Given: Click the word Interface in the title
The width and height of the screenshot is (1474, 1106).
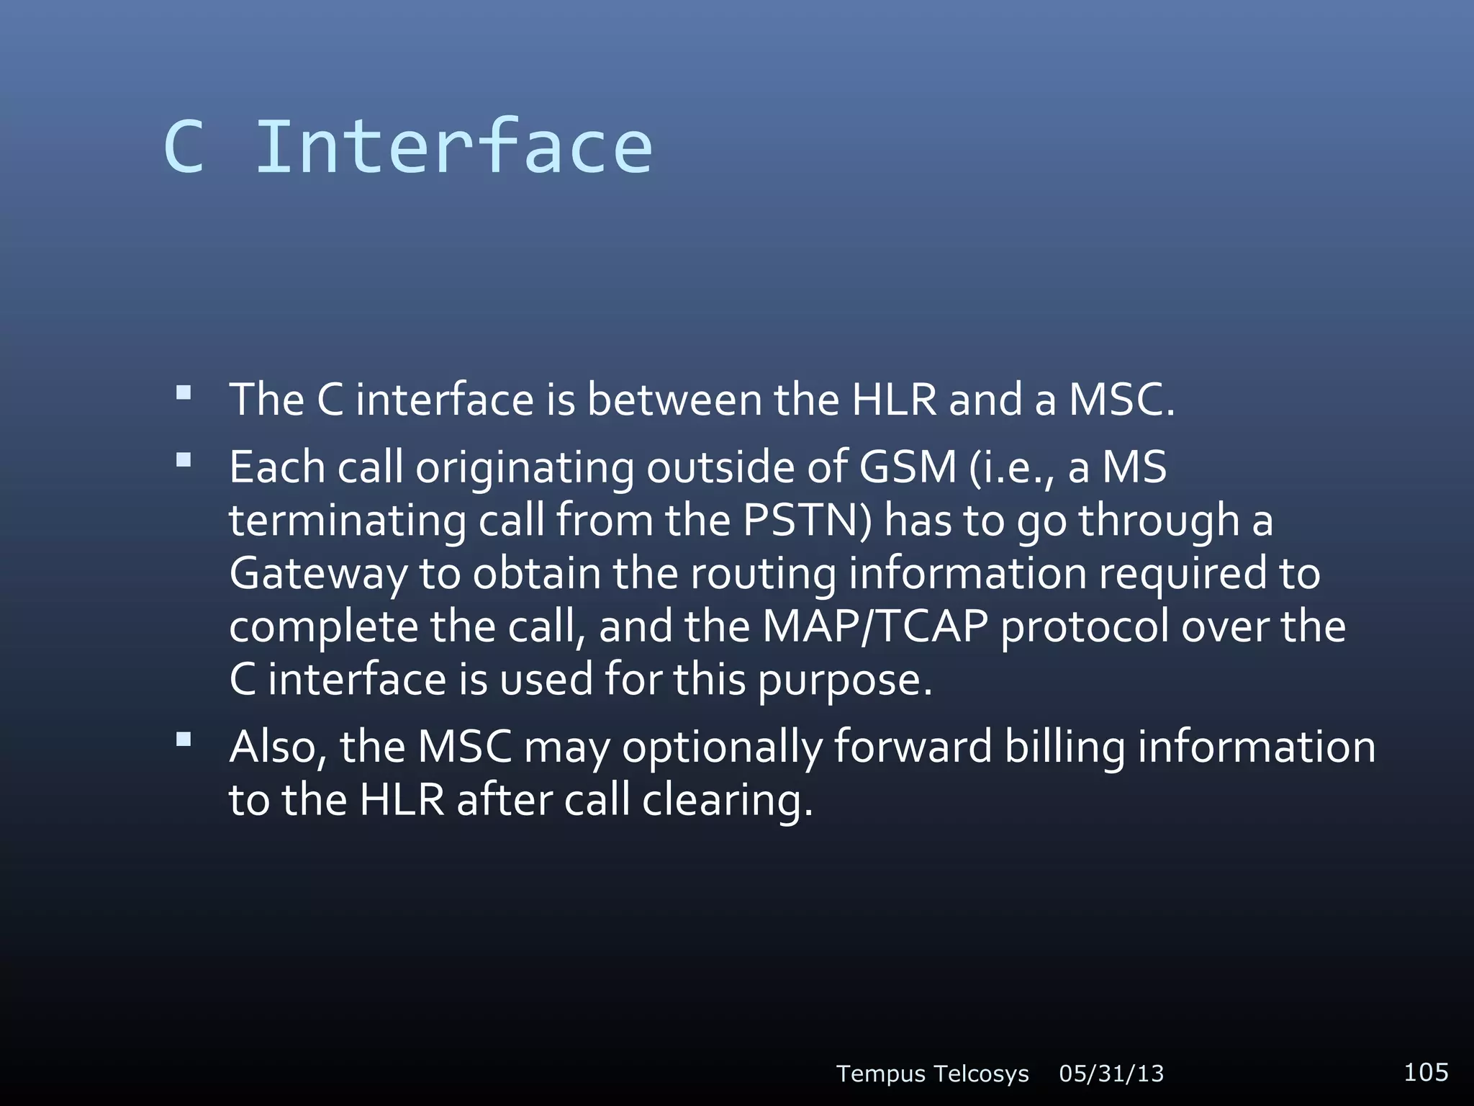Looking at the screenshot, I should tap(454, 147).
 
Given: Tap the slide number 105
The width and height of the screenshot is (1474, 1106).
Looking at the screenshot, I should tap(1426, 1072).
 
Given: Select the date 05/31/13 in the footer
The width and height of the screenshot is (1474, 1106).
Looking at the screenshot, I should tap(1111, 1074).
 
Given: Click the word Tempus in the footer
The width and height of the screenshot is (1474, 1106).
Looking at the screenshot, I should tap(881, 1074).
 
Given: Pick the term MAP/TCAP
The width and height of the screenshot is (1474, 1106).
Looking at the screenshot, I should tap(875, 626).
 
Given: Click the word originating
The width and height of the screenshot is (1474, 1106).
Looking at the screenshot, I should tap(525, 467).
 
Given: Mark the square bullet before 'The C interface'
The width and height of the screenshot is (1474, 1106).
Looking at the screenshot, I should tap(184, 392).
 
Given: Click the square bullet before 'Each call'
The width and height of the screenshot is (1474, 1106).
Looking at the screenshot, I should tap(184, 459).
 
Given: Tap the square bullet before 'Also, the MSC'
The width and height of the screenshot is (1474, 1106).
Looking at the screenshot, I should tap(184, 739).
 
